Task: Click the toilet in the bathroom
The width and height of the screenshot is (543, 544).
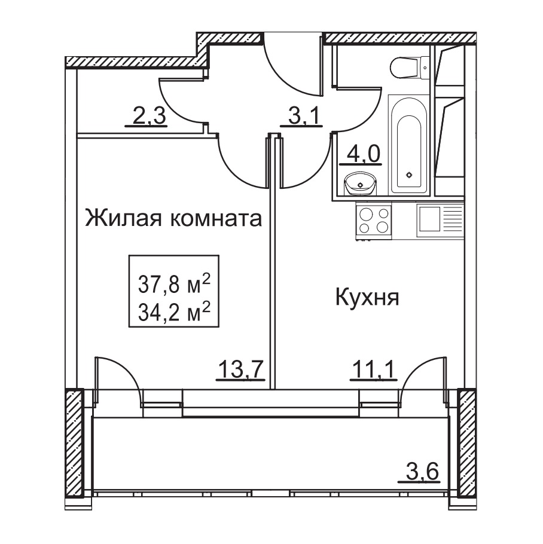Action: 410,68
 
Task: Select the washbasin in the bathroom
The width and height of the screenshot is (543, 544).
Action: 360,184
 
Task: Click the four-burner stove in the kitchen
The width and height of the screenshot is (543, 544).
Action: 373,221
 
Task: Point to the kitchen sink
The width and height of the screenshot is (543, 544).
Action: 440,221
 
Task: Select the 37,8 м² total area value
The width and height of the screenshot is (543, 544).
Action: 174,284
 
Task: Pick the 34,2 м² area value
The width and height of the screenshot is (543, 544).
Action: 174,311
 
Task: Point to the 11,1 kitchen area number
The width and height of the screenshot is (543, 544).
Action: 373,370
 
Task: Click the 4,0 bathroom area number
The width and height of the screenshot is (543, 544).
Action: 361,154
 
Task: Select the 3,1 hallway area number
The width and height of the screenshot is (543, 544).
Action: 302,116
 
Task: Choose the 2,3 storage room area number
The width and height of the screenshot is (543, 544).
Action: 146,116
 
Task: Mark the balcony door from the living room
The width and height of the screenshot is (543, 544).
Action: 117,379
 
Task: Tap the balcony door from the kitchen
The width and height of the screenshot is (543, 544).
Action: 424,379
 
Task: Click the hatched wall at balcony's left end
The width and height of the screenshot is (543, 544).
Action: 75,444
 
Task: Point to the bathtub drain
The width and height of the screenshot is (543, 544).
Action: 410,175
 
